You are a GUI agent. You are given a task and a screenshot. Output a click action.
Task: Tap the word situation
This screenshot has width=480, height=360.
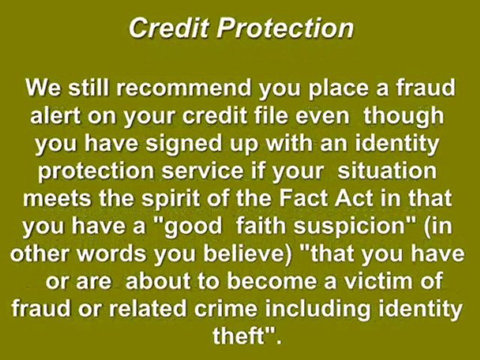tap(387, 171)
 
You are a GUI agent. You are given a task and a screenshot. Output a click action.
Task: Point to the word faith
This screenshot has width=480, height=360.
tap(261, 225)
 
